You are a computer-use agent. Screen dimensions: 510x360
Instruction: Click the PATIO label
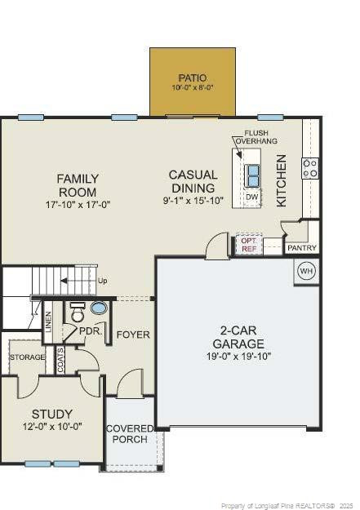point(193,78)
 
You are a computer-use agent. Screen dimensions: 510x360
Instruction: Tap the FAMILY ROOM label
point(78,185)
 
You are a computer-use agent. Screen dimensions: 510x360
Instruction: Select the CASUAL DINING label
point(193,180)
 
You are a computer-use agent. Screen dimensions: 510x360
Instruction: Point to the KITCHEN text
point(282,180)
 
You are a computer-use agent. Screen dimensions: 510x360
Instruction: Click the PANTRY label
point(301,247)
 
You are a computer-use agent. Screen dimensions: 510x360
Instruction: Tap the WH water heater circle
point(306,271)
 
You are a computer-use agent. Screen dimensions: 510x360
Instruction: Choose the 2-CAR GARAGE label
point(240,337)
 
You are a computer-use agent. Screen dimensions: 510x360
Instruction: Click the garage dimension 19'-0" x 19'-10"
point(240,356)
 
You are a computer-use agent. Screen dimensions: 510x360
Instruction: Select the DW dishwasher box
point(252,197)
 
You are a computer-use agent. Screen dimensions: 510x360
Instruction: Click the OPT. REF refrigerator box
point(249,244)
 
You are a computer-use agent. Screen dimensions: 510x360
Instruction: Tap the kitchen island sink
point(252,175)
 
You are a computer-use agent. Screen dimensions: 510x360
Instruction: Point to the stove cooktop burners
point(310,168)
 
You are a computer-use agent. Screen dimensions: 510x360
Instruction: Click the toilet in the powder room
point(78,313)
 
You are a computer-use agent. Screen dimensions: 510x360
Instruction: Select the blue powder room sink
point(99,308)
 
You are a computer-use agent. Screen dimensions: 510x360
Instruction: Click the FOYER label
point(133,335)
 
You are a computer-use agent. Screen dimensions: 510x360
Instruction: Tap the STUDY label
point(52,414)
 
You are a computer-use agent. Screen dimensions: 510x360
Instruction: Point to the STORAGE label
point(27,357)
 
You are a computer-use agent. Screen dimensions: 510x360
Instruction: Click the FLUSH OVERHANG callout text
point(256,137)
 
